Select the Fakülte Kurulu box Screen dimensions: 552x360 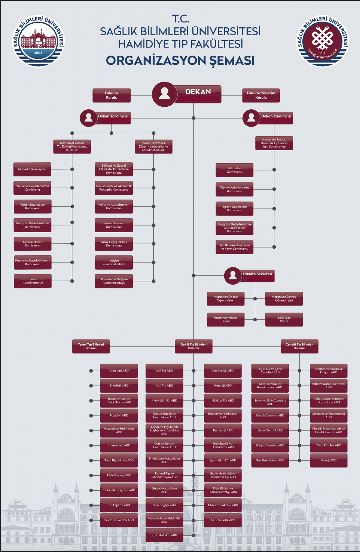pyautogui.click(x=112, y=95)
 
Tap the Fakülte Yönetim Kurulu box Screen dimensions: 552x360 pyautogui.click(x=261, y=95)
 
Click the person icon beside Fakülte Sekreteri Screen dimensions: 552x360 pyautogui.click(x=233, y=276)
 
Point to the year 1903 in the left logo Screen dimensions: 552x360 pyautogui.click(x=38, y=53)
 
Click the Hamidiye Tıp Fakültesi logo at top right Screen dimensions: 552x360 pyautogui.click(x=323, y=41)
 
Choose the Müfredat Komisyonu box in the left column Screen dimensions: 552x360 pyautogui.click(x=33, y=169)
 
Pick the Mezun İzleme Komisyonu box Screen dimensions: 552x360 pyautogui.click(x=114, y=225)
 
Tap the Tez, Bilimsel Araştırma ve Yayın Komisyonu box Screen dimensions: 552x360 pyautogui.click(x=235, y=247)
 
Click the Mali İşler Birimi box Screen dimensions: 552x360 pyautogui.click(x=284, y=319)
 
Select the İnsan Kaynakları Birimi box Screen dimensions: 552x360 pyautogui.click(x=226, y=319)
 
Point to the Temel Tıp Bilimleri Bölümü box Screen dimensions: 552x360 pyautogui.click(x=91, y=346)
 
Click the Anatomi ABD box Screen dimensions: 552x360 pyautogui.click(x=119, y=371)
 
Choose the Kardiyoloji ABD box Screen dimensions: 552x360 pyautogui.click(x=223, y=371)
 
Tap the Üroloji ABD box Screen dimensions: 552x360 pyautogui.click(x=329, y=460)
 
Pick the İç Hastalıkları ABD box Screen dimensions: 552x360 pyautogui.click(x=164, y=535)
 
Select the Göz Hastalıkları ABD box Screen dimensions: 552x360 pyautogui.click(x=270, y=460)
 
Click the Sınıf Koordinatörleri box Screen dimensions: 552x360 pyautogui.click(x=33, y=281)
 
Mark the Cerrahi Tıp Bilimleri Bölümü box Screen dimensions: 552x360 pyautogui.click(x=299, y=346)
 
